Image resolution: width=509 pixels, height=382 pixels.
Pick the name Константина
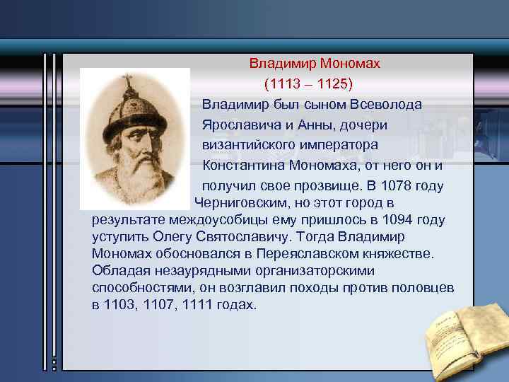tap(245, 166)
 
